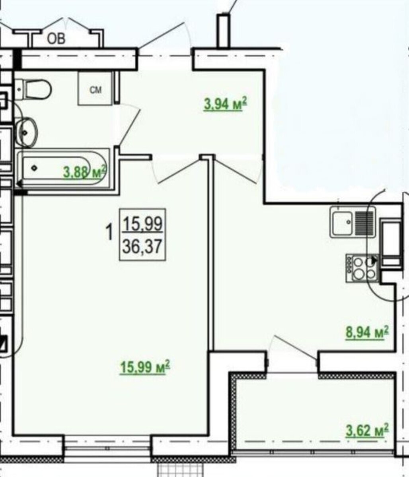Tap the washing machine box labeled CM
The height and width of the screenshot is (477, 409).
[95, 89]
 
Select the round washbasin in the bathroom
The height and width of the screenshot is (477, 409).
[27, 132]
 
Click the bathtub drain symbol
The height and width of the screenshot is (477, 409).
[34, 168]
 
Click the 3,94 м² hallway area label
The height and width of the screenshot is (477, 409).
[225, 104]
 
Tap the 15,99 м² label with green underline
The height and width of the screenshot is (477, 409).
[145, 367]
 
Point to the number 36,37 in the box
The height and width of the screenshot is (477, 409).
[142, 246]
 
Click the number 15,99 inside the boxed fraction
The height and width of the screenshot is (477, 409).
[142, 224]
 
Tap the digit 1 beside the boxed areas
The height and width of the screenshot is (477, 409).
[109, 232]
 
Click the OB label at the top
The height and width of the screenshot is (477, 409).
[56, 39]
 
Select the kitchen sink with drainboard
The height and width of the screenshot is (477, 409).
[353, 222]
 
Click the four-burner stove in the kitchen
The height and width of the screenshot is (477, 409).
[362, 268]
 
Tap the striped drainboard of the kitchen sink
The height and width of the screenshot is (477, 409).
[364, 222]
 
